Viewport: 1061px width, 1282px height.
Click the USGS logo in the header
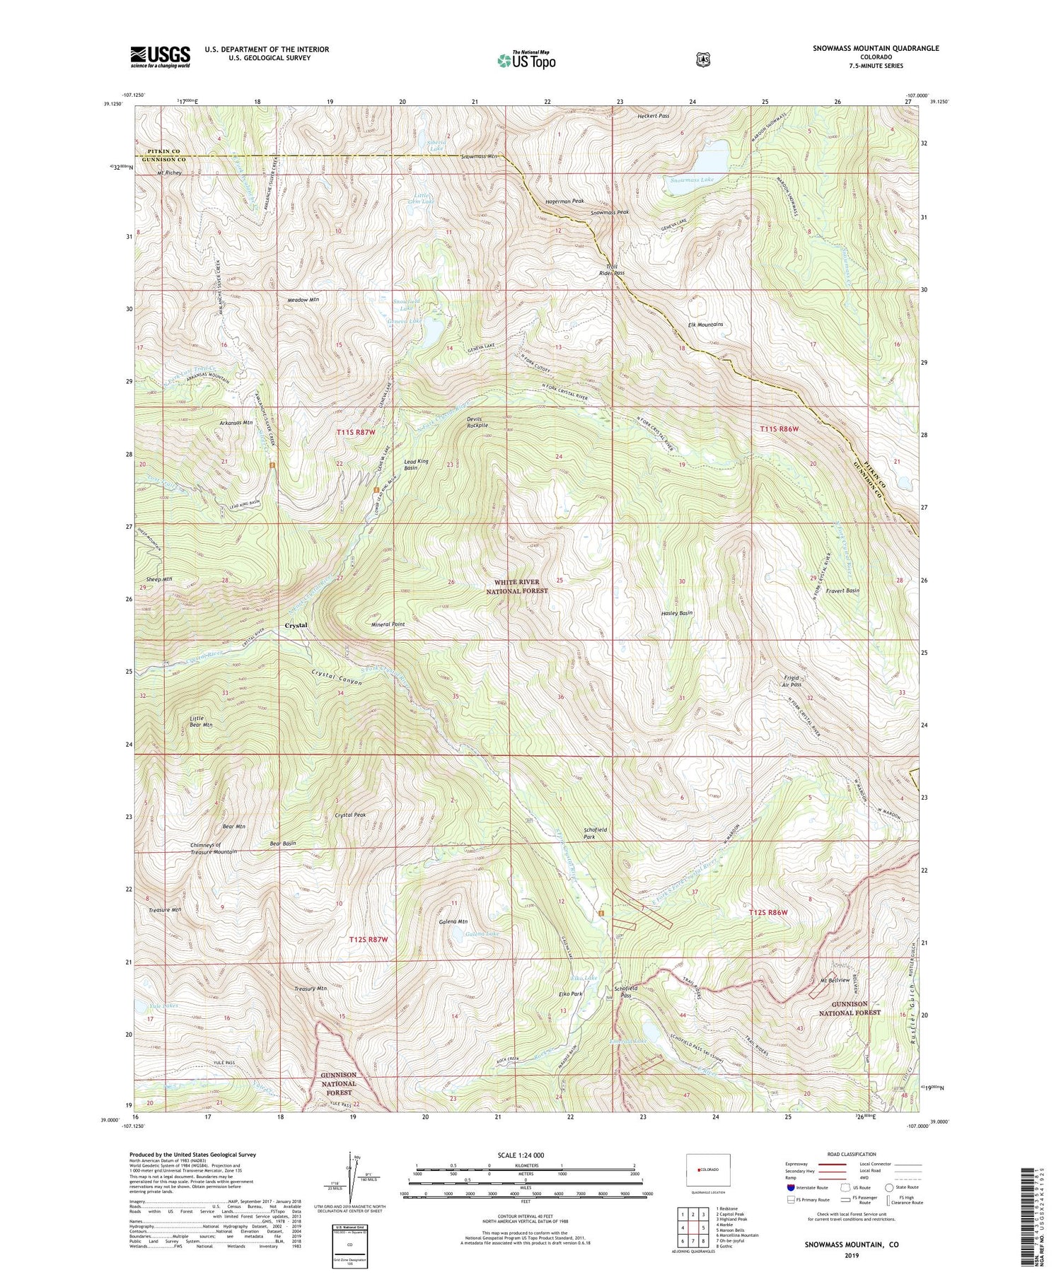point(160,57)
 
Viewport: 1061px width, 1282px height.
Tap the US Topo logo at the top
point(527,61)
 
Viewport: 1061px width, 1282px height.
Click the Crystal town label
point(296,626)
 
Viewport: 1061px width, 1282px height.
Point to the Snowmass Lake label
point(692,180)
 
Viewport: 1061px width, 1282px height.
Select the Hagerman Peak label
point(564,201)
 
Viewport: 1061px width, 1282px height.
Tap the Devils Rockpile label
point(477,422)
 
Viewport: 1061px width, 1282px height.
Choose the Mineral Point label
point(388,624)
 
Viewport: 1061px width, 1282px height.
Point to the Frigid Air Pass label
point(791,680)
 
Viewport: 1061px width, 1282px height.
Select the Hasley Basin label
point(676,613)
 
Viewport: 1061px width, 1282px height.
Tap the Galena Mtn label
point(453,922)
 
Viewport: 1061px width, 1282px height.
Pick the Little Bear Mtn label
point(200,721)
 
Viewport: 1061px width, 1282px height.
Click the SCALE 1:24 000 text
point(525,1155)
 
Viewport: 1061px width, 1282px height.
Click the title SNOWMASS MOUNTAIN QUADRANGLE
point(876,48)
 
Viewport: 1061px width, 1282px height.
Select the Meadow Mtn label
point(303,300)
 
